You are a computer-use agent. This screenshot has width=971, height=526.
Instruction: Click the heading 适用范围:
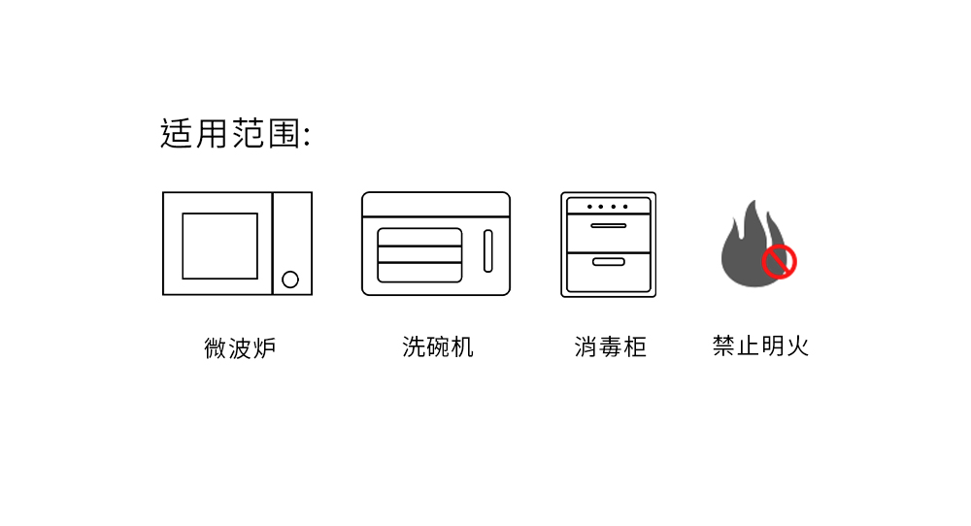pyautogui.click(x=235, y=134)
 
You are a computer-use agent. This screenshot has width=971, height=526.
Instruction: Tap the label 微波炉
pyautogui.click(x=240, y=347)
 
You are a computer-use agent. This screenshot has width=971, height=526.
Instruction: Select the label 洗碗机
pyautogui.click(x=438, y=346)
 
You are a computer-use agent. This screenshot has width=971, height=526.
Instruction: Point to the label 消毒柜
pyautogui.click(x=610, y=346)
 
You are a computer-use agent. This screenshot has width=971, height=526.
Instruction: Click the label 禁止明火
pyautogui.click(x=760, y=345)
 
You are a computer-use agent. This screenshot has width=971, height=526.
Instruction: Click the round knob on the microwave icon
pyautogui.click(x=290, y=279)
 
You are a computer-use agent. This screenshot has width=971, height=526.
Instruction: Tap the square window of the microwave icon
pyautogui.click(x=220, y=246)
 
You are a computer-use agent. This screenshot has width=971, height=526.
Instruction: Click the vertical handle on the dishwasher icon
pyautogui.click(x=488, y=251)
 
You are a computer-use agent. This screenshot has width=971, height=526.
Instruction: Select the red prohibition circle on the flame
pyautogui.click(x=779, y=261)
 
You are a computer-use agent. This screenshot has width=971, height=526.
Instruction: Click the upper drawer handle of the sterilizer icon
pyautogui.click(x=609, y=226)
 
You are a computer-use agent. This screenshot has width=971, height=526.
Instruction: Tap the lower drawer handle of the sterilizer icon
pyautogui.click(x=609, y=262)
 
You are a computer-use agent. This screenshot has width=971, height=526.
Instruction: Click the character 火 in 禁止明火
pyautogui.click(x=797, y=345)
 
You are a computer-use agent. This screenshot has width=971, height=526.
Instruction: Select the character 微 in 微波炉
pyautogui.click(x=216, y=347)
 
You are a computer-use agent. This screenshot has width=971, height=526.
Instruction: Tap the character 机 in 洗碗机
pyautogui.click(x=462, y=346)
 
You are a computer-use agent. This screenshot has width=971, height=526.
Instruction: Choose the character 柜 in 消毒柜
pyautogui.click(x=635, y=346)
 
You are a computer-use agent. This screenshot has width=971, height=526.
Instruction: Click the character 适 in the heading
pyautogui.click(x=177, y=134)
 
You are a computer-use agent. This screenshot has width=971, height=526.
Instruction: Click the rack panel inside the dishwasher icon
pyautogui.click(x=419, y=254)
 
